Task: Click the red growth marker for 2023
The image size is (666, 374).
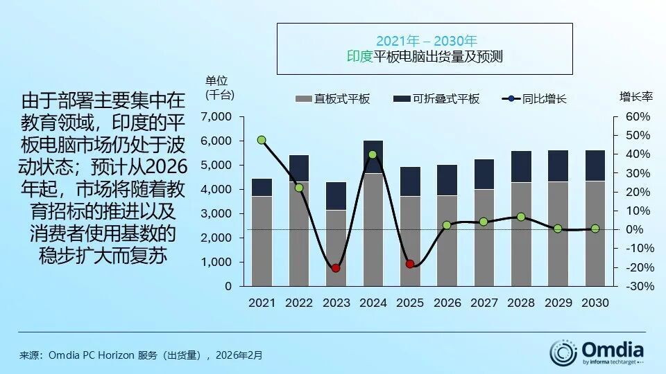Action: [336, 268]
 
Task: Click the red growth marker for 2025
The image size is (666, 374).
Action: [410, 264]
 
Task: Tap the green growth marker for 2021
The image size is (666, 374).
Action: [262, 140]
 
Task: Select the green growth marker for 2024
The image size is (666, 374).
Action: [373, 155]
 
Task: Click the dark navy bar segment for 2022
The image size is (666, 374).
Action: [299, 168]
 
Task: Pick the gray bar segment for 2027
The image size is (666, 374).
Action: [484, 237]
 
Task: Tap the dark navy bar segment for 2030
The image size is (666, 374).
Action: [595, 166]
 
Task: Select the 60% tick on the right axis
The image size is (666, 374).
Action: [637, 116]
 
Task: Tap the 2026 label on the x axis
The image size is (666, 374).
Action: [447, 303]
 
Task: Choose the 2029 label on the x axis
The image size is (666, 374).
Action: [558, 303]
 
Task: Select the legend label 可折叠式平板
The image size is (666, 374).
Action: [446, 99]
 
